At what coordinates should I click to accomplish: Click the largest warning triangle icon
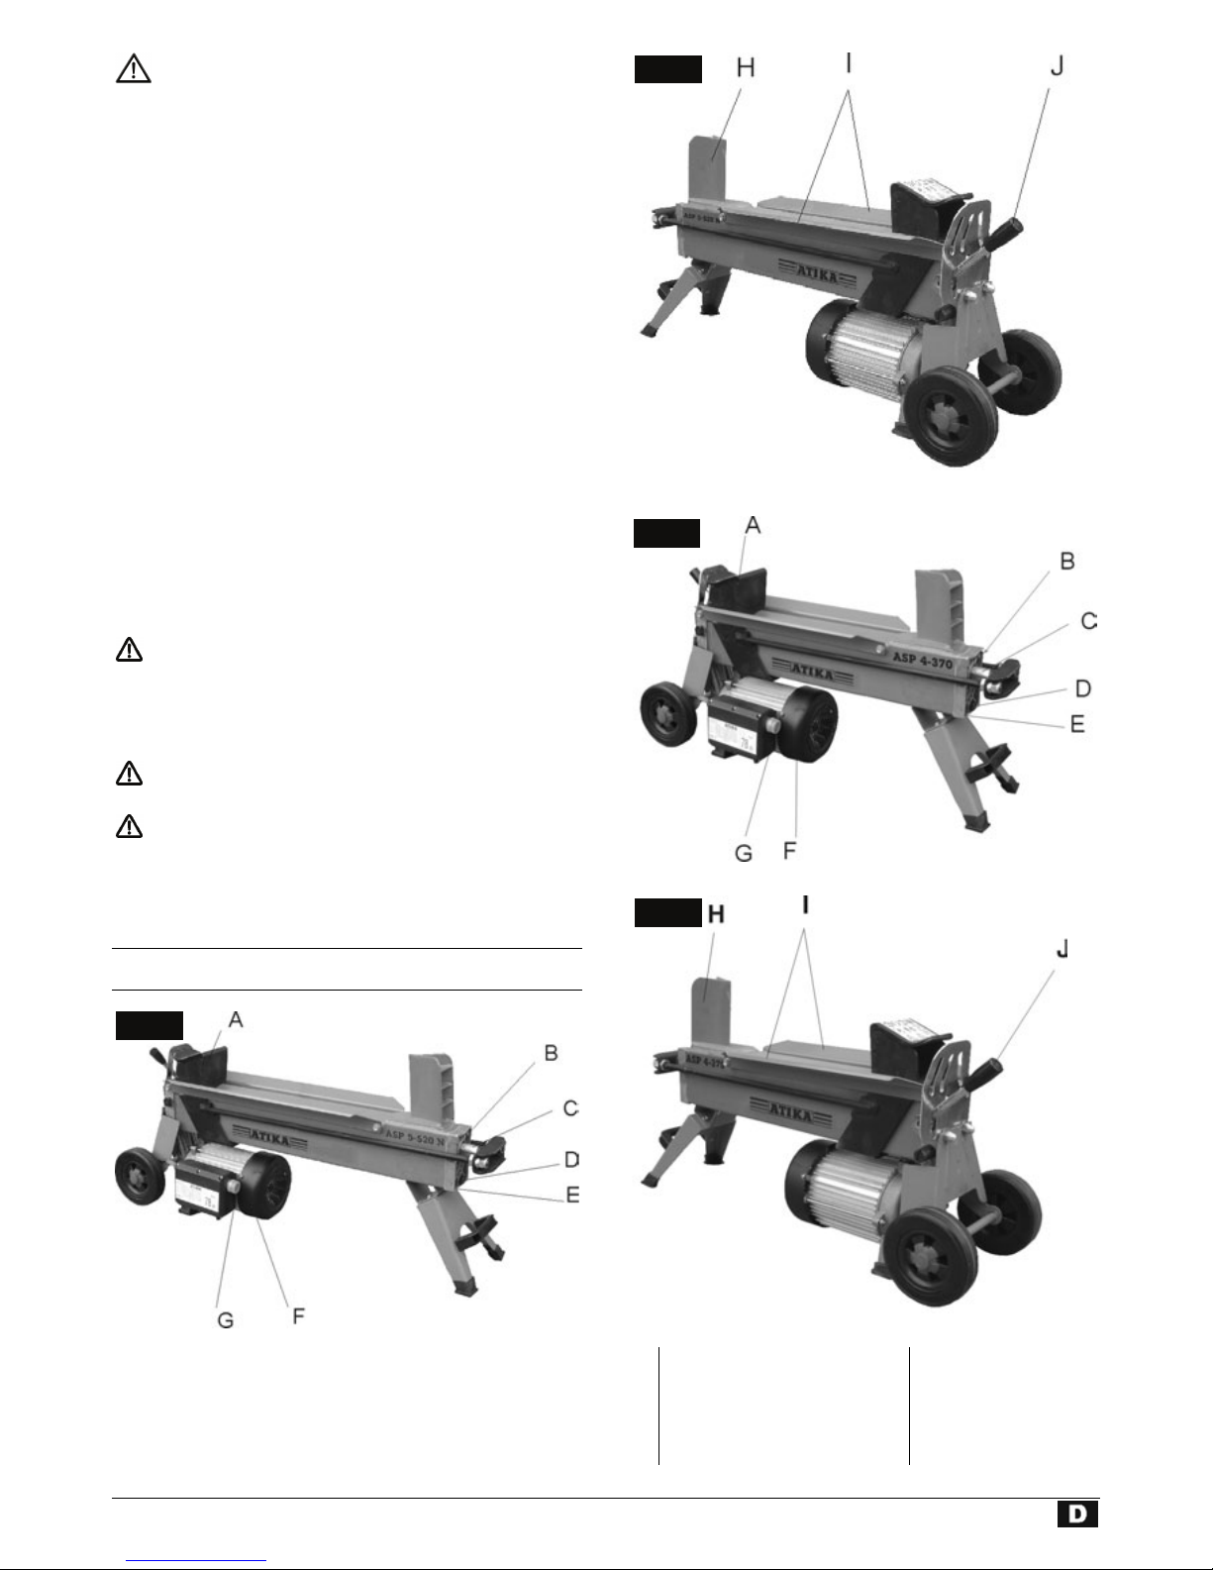pos(133,69)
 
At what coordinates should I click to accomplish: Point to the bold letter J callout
pos(1061,950)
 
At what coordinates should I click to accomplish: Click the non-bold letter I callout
pos(849,65)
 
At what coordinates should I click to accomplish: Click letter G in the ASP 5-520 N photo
pos(226,1321)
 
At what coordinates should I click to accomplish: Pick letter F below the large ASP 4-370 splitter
pos(789,851)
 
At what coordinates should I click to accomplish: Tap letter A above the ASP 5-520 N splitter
pos(236,1020)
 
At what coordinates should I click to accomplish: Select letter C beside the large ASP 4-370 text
pos(1088,621)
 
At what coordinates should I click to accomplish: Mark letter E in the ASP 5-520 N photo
pos(572,1196)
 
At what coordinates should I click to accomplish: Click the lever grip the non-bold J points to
pos(1007,210)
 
